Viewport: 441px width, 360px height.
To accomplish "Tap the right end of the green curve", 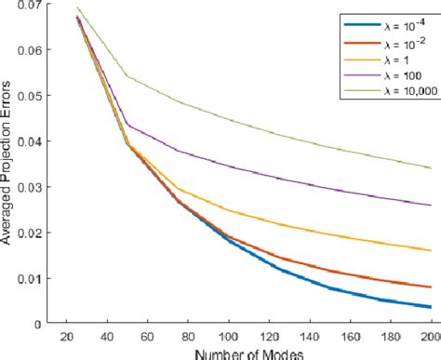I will [x=431, y=167].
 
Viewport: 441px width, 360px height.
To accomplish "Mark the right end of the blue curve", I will [x=431, y=307].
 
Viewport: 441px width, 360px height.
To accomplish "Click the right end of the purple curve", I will [x=431, y=206].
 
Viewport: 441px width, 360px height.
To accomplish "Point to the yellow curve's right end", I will [x=431, y=250].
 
